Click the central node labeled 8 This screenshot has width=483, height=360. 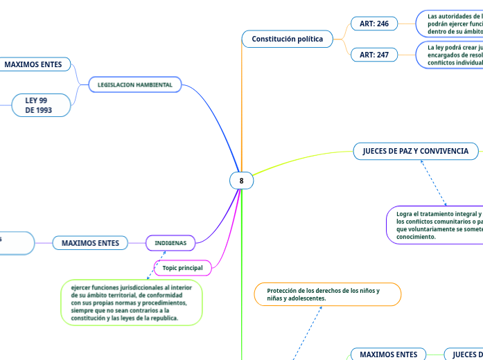click(241, 181)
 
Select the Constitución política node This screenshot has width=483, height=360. click(288, 39)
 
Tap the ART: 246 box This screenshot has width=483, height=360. click(374, 24)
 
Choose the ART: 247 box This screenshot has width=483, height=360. click(374, 54)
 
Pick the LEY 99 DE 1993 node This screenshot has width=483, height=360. click(41, 105)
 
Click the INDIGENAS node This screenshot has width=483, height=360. click(170, 243)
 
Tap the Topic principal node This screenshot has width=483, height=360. click(182, 267)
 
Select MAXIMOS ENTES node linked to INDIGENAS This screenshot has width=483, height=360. click(91, 243)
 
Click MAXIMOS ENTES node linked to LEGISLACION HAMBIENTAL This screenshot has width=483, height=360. click(33, 64)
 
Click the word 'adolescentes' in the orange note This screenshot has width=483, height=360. click(303, 298)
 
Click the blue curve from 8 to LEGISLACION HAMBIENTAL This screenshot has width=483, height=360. click(222, 118)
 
